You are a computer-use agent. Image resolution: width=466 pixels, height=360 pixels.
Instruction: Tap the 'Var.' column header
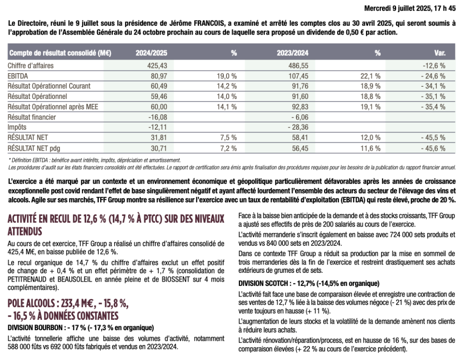pyautogui.click(x=439, y=53)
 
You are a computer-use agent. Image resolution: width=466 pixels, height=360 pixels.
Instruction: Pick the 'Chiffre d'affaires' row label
pyautogui.click(x=31, y=66)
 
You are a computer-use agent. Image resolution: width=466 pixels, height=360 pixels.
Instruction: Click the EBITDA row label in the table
pyautogui.click(x=18, y=76)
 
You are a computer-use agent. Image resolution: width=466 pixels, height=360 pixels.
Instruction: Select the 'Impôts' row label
pyautogui.click(x=18, y=127)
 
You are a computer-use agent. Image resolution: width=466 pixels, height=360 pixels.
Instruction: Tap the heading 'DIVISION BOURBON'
pyautogui.click(x=36, y=327)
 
